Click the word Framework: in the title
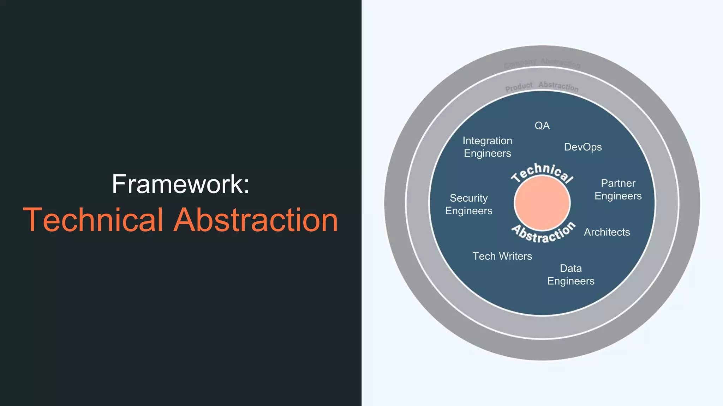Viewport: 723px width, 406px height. click(180, 184)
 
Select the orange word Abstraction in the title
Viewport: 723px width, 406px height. click(256, 220)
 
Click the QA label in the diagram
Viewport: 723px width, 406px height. click(542, 126)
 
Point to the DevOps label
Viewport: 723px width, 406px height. click(582, 147)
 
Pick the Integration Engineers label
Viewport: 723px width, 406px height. click(487, 147)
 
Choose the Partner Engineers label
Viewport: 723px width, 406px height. click(618, 190)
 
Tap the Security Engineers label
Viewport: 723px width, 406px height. click(468, 204)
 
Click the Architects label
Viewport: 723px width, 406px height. click(607, 232)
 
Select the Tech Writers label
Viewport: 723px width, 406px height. click(502, 256)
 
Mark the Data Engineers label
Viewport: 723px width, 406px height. click(570, 275)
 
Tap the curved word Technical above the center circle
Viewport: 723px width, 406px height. click(542, 172)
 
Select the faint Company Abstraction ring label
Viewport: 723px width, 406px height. click(542, 63)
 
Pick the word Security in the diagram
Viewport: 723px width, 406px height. click(468, 198)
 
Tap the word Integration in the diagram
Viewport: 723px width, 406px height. click(487, 141)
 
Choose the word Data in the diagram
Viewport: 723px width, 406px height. click(570, 269)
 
